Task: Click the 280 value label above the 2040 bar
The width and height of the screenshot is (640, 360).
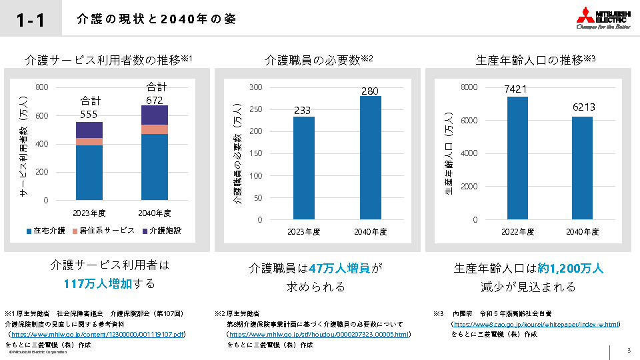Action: click(370, 91)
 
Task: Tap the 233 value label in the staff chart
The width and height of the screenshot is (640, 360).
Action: click(303, 111)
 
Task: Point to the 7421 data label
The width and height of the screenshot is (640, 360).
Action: click(517, 89)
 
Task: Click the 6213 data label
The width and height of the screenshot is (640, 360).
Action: click(583, 107)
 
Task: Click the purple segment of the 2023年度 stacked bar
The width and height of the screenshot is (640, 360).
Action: click(89, 130)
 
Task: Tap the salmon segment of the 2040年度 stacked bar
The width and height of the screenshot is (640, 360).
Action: click(155, 129)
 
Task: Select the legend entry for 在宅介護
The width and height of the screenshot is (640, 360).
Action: click(46, 231)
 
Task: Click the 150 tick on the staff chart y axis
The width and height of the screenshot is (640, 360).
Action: click(256, 153)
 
